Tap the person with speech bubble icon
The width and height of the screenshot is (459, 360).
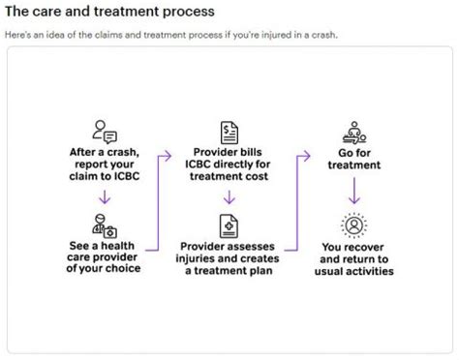pyautogui.click(x=103, y=133)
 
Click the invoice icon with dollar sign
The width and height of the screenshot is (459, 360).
pyautogui.click(x=229, y=133)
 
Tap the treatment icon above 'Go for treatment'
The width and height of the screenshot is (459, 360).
pyautogui.click(x=355, y=133)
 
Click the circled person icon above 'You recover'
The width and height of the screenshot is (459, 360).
pyautogui.click(x=355, y=225)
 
